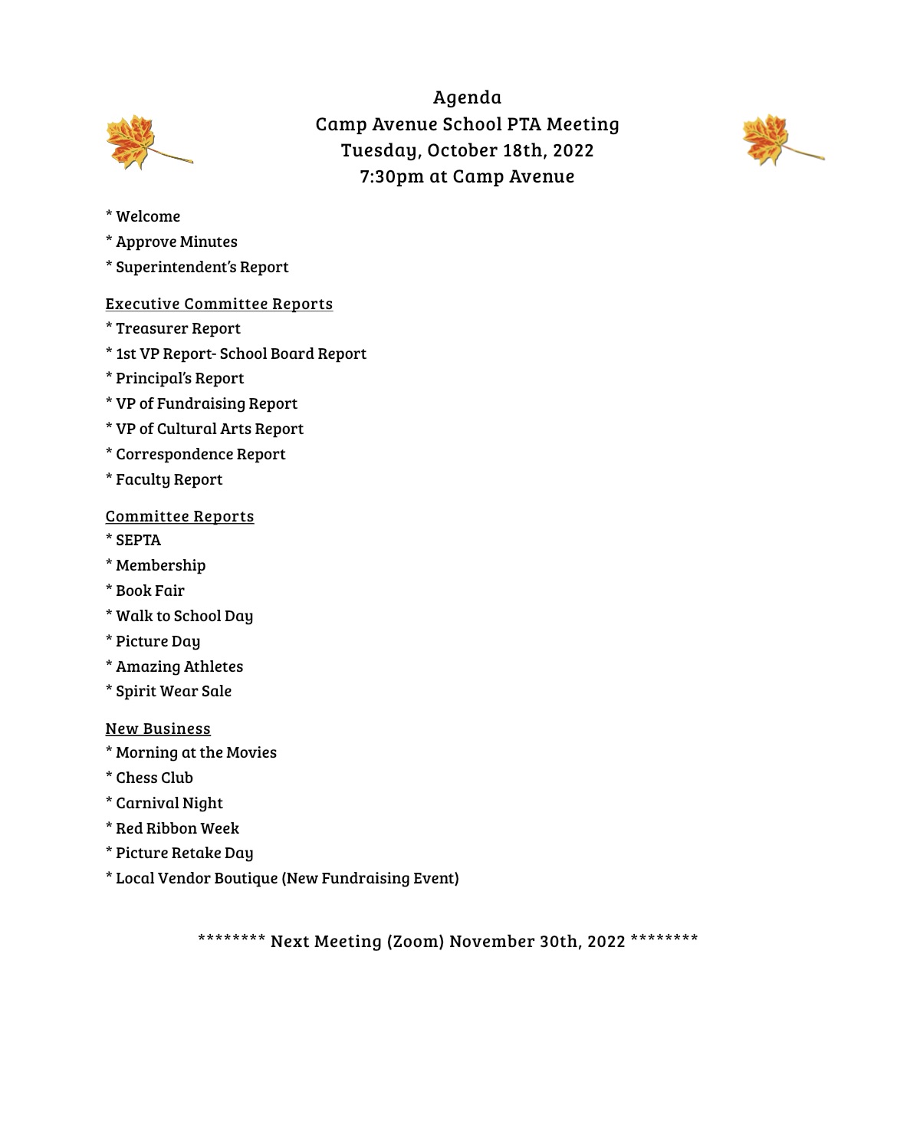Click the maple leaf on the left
click(x=132, y=142)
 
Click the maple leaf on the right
click(x=767, y=140)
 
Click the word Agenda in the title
click(x=467, y=97)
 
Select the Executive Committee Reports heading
click(x=219, y=304)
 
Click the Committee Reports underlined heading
click(x=179, y=516)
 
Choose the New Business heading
click(x=157, y=729)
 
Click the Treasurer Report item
click(x=177, y=328)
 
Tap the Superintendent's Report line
click(x=202, y=267)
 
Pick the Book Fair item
click(x=149, y=591)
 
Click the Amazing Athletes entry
click(x=179, y=666)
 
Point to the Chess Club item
click(x=154, y=778)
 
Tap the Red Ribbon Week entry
click(x=177, y=828)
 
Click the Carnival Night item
click(x=169, y=803)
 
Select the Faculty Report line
click(x=169, y=479)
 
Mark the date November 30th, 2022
click(x=537, y=941)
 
